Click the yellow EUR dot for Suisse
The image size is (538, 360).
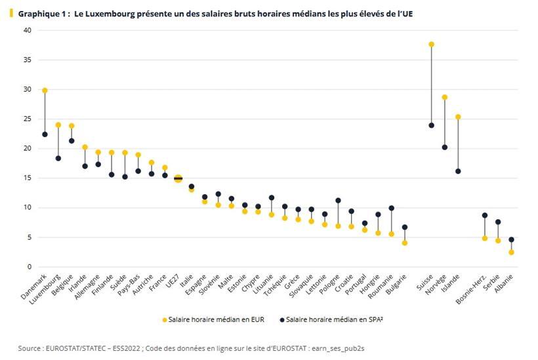tap(431, 45)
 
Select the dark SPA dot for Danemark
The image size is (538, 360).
tap(45, 134)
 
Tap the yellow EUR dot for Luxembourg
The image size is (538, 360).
tap(58, 125)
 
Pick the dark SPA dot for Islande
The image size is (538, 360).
tap(458, 171)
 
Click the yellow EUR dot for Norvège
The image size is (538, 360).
tap(444, 97)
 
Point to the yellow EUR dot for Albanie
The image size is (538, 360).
tap(511, 252)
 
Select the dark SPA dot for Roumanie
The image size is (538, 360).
tap(391, 208)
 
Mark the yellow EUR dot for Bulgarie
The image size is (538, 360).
tap(405, 243)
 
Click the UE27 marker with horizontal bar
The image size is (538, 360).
tap(178, 178)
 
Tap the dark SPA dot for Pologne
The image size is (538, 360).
tap(338, 201)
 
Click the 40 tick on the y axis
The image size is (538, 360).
tap(27, 30)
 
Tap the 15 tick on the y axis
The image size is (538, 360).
tap(27, 178)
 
